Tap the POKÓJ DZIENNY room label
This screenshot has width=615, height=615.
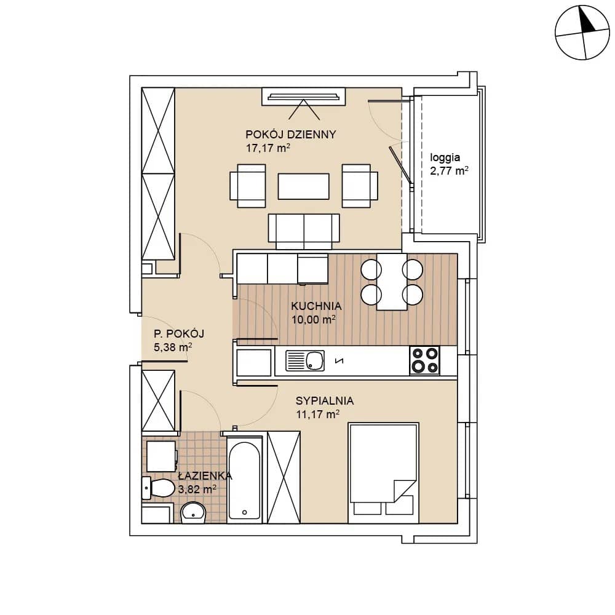pos(291,134)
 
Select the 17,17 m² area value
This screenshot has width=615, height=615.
pos(268,148)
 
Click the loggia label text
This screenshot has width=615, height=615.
pos(445,157)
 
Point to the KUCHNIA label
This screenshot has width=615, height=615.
pos(316,306)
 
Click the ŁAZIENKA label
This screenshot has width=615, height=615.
pos(205,475)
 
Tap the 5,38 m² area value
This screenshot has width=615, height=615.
pos(173,347)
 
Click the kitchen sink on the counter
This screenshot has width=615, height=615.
pos(305,360)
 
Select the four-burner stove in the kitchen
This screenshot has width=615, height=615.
pos(424,360)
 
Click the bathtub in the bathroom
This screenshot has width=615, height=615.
pos(244,479)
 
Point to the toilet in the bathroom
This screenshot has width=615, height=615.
pos(158,489)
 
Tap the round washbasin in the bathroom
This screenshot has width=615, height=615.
pos(193,512)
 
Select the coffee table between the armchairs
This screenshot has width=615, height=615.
pos(304,186)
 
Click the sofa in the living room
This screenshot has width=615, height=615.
pos(304,231)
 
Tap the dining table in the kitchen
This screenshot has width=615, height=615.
pos(391,282)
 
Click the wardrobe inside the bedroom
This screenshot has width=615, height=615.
pos(284,477)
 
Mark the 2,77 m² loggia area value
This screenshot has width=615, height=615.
pos(449,171)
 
